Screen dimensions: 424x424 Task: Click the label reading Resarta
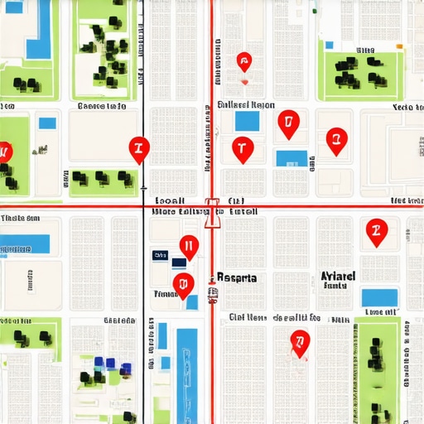[x=236, y=278]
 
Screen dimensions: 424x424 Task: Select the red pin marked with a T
[x=242, y=149]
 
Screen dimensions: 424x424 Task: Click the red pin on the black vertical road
[x=139, y=149]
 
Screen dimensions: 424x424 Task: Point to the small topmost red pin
[x=243, y=61]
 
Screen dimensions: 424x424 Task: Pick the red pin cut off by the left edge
[x=4, y=152]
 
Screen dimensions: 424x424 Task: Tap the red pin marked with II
[x=189, y=246]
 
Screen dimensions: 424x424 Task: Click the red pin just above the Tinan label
[x=183, y=284]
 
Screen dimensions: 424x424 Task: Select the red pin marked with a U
[x=287, y=124]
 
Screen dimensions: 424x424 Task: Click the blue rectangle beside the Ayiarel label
[x=379, y=296]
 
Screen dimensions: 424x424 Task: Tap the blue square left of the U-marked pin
[x=246, y=121]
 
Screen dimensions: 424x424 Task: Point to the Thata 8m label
[x=21, y=219]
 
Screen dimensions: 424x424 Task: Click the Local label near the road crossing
[x=170, y=200]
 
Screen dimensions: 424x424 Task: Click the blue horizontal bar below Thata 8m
[x=25, y=243]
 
